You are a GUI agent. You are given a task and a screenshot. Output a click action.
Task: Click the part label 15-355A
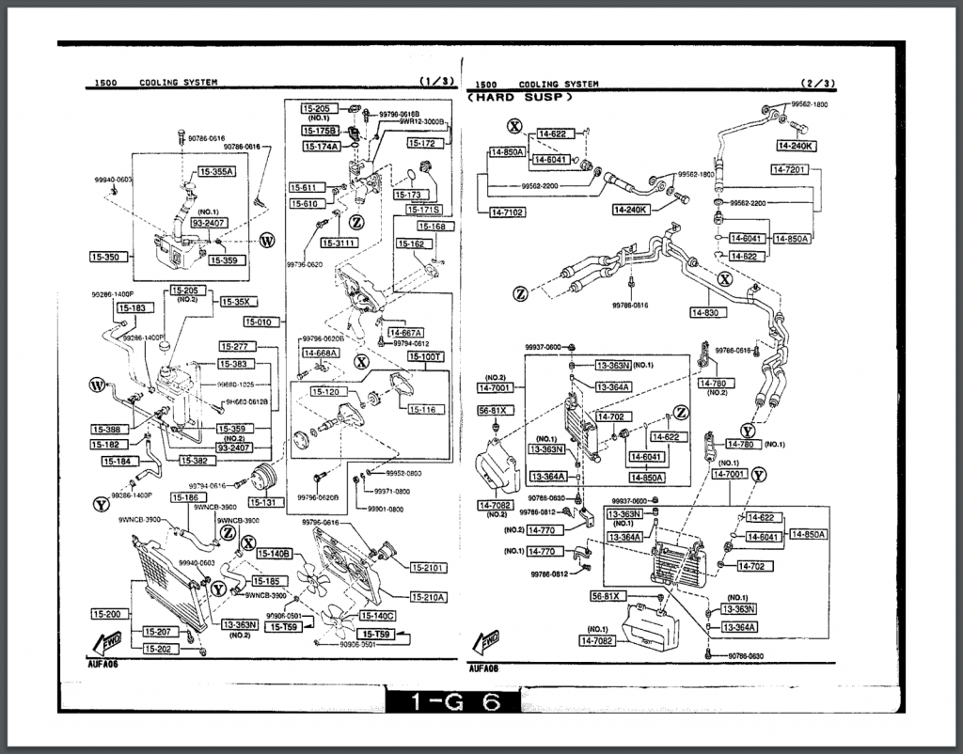(x=215, y=172)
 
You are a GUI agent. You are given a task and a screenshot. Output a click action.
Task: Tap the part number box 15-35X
(x=236, y=302)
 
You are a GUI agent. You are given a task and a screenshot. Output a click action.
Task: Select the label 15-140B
(x=275, y=553)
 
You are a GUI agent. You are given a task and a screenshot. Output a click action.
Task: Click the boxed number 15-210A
(x=428, y=597)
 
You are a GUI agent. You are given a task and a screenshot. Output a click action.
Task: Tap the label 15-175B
(x=321, y=131)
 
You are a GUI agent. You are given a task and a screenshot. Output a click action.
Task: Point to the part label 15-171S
(x=423, y=209)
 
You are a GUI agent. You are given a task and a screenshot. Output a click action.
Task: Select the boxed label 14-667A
(x=405, y=332)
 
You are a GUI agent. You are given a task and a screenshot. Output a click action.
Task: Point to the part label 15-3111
(x=339, y=243)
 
